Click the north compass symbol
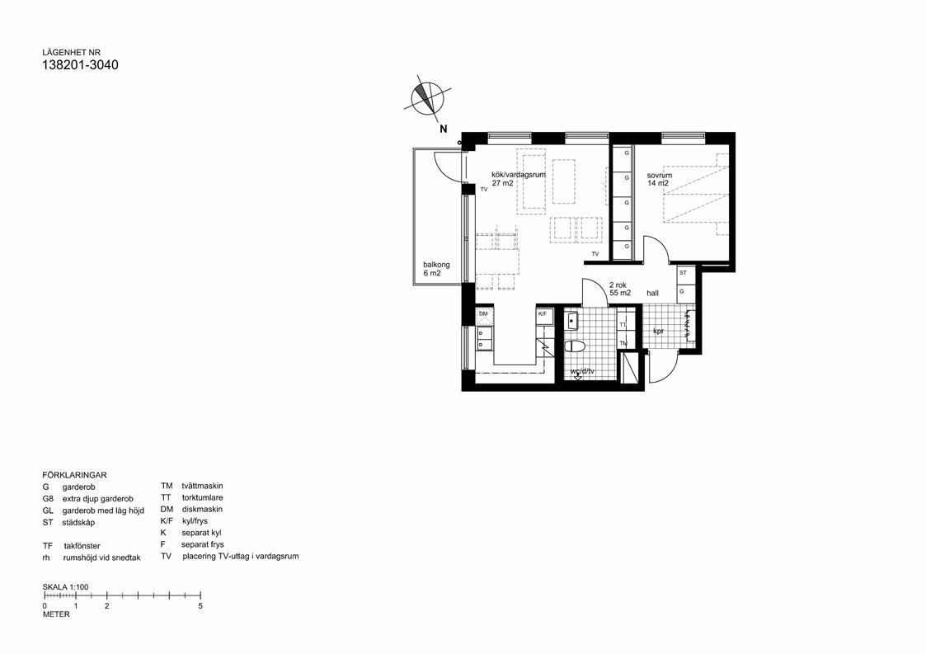[427, 99]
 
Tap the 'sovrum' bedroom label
[659, 176]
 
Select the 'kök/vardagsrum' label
[519, 175]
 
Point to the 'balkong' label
[436, 265]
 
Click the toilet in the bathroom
[576, 346]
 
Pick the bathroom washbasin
[574, 319]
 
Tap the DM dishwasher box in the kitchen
[484, 314]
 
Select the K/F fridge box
[543, 314]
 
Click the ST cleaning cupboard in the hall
[683, 272]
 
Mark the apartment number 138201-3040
[80, 65]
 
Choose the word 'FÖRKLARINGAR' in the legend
[74, 475]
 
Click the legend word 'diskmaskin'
[203, 510]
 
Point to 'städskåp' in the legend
[78, 522]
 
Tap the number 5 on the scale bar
[200, 605]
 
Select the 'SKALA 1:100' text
[65, 587]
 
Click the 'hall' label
[652, 293]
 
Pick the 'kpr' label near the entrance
[658, 332]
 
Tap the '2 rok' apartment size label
[618, 285]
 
